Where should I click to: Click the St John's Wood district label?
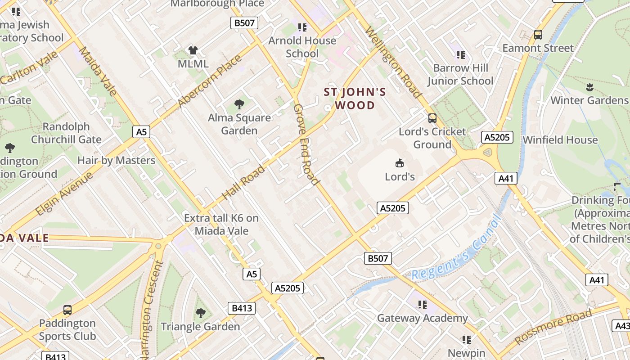[355, 99]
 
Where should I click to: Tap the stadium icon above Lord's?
[399, 162]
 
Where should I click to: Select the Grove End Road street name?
[306, 144]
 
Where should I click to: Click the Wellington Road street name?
[393, 63]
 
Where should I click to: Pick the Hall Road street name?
[243, 182]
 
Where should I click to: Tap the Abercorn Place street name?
[210, 81]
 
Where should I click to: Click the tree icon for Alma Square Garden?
[239, 104]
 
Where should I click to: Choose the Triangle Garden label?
[200, 326]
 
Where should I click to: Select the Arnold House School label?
[302, 47]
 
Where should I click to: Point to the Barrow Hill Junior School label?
[460, 74]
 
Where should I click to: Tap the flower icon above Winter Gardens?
[590, 87]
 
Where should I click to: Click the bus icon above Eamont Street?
[538, 35]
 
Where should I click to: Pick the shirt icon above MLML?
[193, 50]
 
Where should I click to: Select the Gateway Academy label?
[422, 318]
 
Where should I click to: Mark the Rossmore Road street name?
[553, 327]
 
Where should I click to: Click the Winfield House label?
[560, 140]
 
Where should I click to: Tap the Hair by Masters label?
[116, 160]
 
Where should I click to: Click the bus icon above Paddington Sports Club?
[67, 310]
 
